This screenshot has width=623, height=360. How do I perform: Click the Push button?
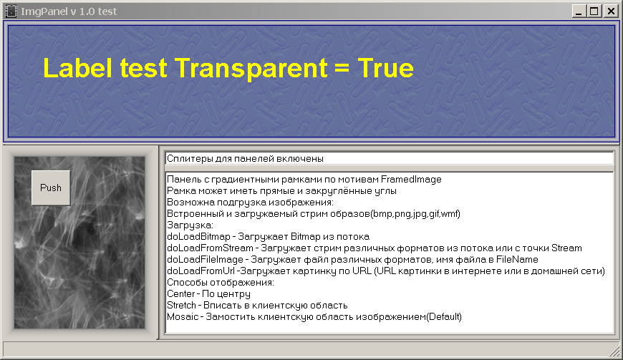tap(51, 188)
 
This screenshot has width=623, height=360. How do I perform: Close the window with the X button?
tap(611, 11)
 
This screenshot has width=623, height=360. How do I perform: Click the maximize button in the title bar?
tap(594, 11)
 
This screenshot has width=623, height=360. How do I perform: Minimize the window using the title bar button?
tap(579, 11)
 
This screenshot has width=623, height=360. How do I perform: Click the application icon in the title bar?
tap(11, 11)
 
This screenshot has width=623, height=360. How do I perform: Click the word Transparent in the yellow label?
tap(251, 68)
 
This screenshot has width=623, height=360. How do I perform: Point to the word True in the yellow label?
tap(385, 68)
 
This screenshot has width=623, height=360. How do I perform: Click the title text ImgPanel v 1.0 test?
tap(69, 11)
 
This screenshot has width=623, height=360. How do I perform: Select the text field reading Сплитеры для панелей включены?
tap(390, 159)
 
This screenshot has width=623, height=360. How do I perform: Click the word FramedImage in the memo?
tap(411, 180)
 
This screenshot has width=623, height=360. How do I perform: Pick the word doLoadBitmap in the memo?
tap(198, 237)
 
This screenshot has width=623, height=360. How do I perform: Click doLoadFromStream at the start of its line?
tap(210, 248)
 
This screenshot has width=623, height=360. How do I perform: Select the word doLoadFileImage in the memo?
tap(205, 260)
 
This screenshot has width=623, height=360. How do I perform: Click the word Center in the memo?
tap(180, 294)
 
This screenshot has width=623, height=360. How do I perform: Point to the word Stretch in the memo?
tap(181, 306)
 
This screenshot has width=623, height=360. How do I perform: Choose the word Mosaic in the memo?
tap(183, 317)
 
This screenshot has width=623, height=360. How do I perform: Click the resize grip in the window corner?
tap(615, 351)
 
